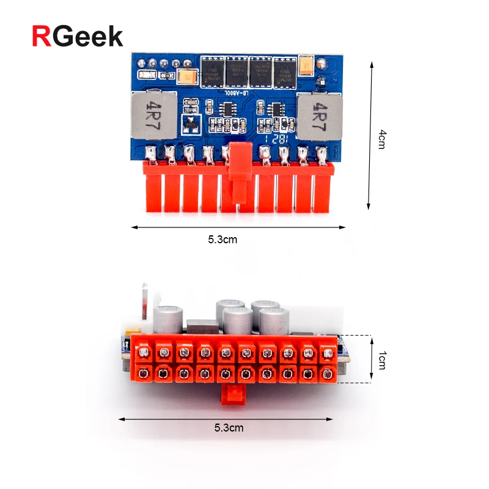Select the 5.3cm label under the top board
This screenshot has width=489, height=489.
[222, 240]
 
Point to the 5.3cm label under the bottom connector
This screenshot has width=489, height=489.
[229, 428]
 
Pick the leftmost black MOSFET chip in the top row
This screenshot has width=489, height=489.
[213, 72]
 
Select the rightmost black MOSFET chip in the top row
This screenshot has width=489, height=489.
[285, 72]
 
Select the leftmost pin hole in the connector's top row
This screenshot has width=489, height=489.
[144, 353]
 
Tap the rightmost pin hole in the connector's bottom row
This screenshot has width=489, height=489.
[327, 373]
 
